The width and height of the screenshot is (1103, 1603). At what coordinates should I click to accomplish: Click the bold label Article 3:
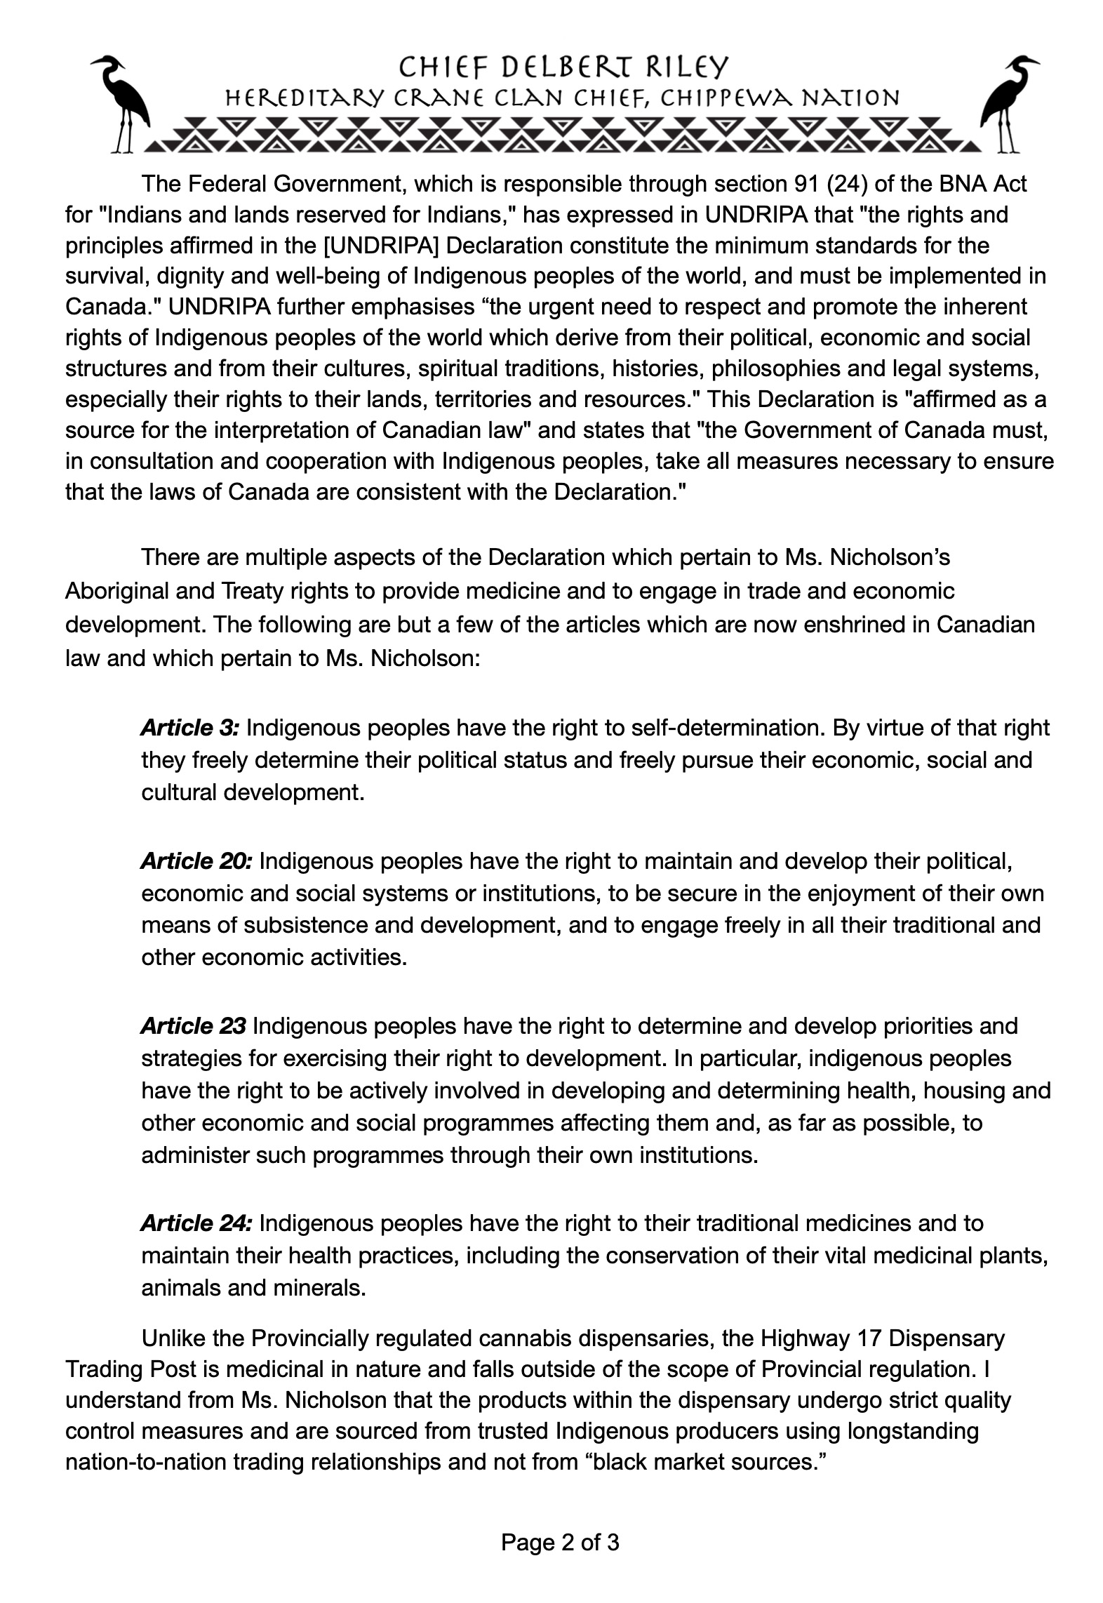190,728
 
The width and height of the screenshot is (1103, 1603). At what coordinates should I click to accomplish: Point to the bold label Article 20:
196,861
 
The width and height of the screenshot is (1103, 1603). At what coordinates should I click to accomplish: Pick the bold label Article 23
193,1026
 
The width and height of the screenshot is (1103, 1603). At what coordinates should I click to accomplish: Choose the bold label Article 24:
196,1223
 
